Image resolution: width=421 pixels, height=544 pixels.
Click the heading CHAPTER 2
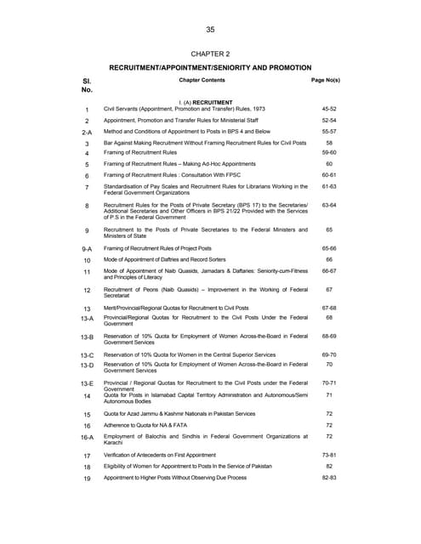210,54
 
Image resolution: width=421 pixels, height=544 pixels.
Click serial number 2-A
87,133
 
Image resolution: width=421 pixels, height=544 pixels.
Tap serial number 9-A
87,249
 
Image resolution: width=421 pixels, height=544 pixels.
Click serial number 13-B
87,338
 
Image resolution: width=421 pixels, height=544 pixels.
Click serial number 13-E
87,385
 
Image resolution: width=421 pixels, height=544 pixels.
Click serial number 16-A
87,438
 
